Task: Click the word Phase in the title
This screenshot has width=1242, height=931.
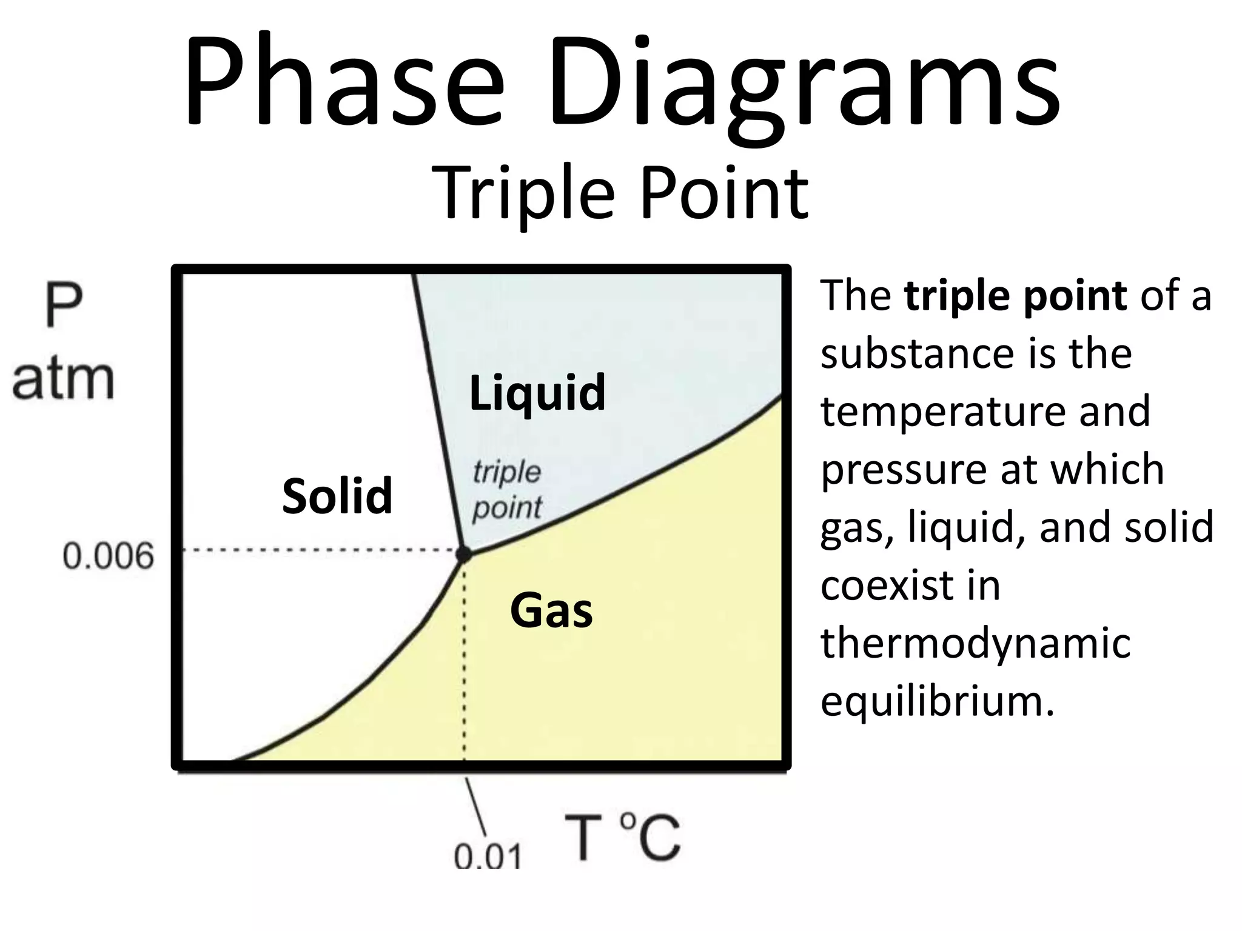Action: coord(343,82)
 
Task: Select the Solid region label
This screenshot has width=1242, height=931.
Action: coord(337,495)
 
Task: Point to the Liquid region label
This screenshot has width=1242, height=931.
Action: coord(537,393)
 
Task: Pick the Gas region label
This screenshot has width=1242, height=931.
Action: coord(551,610)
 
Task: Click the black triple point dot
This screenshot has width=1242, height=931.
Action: coord(463,553)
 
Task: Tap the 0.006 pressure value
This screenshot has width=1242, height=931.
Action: coord(109,556)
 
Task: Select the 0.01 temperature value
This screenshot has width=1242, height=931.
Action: coord(488,856)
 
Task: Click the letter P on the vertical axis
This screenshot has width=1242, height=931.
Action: coord(63,308)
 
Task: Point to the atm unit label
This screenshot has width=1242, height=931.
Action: coord(63,379)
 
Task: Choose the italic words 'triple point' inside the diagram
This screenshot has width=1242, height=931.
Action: coord(507,490)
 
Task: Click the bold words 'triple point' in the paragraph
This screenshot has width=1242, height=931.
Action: coord(1015,296)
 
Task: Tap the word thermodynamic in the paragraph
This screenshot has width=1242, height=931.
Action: coord(975,642)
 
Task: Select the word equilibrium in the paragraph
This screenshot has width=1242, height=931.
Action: coord(938,701)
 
